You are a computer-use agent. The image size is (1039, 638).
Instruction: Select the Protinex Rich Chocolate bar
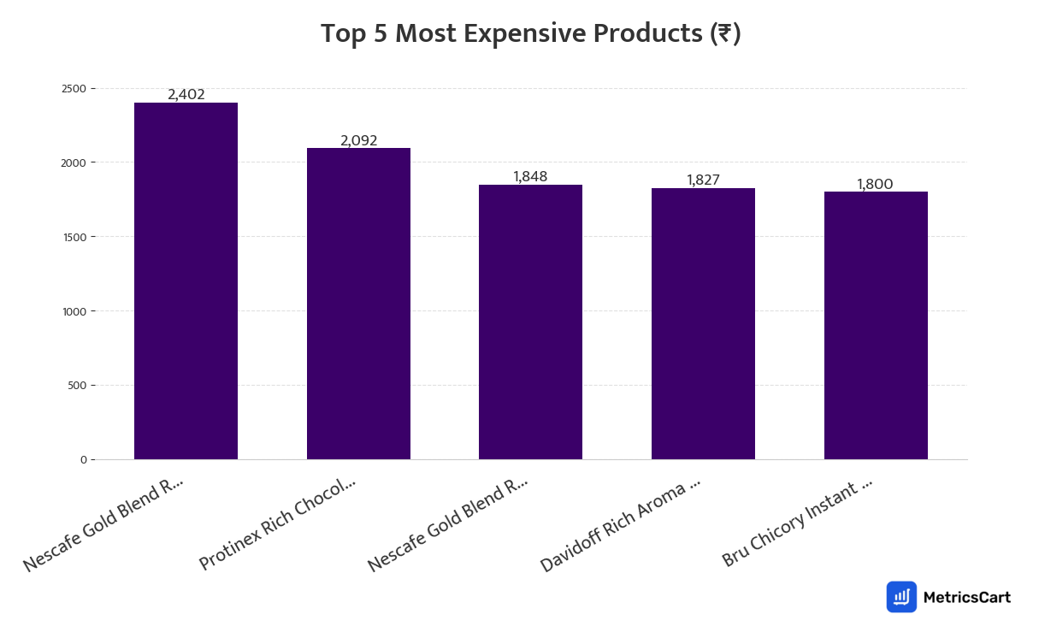[358, 304]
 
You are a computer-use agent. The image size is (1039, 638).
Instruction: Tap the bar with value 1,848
[530, 322]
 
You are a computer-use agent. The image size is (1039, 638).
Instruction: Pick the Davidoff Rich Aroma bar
[703, 323]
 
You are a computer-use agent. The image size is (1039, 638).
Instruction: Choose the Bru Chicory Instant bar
[876, 325]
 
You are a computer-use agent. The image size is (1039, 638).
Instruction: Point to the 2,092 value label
[359, 141]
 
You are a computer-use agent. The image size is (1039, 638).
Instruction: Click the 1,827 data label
[703, 180]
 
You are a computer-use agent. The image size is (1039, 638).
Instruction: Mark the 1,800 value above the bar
[875, 185]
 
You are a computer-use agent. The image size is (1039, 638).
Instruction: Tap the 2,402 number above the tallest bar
[186, 95]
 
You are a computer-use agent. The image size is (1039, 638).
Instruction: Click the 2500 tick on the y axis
[74, 89]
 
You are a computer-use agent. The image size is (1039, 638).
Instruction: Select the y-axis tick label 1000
[74, 311]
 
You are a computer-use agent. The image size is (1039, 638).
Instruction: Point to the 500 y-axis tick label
[77, 386]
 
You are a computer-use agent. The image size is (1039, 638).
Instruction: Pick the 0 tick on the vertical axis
[83, 460]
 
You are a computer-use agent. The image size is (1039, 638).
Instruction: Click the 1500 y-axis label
[74, 237]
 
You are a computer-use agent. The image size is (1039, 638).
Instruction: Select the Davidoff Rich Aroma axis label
[621, 524]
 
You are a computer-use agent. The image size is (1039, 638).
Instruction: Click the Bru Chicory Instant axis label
[797, 522]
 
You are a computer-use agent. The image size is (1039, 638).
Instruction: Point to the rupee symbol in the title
[724, 34]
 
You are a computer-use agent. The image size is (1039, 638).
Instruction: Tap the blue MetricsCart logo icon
[901, 597]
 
